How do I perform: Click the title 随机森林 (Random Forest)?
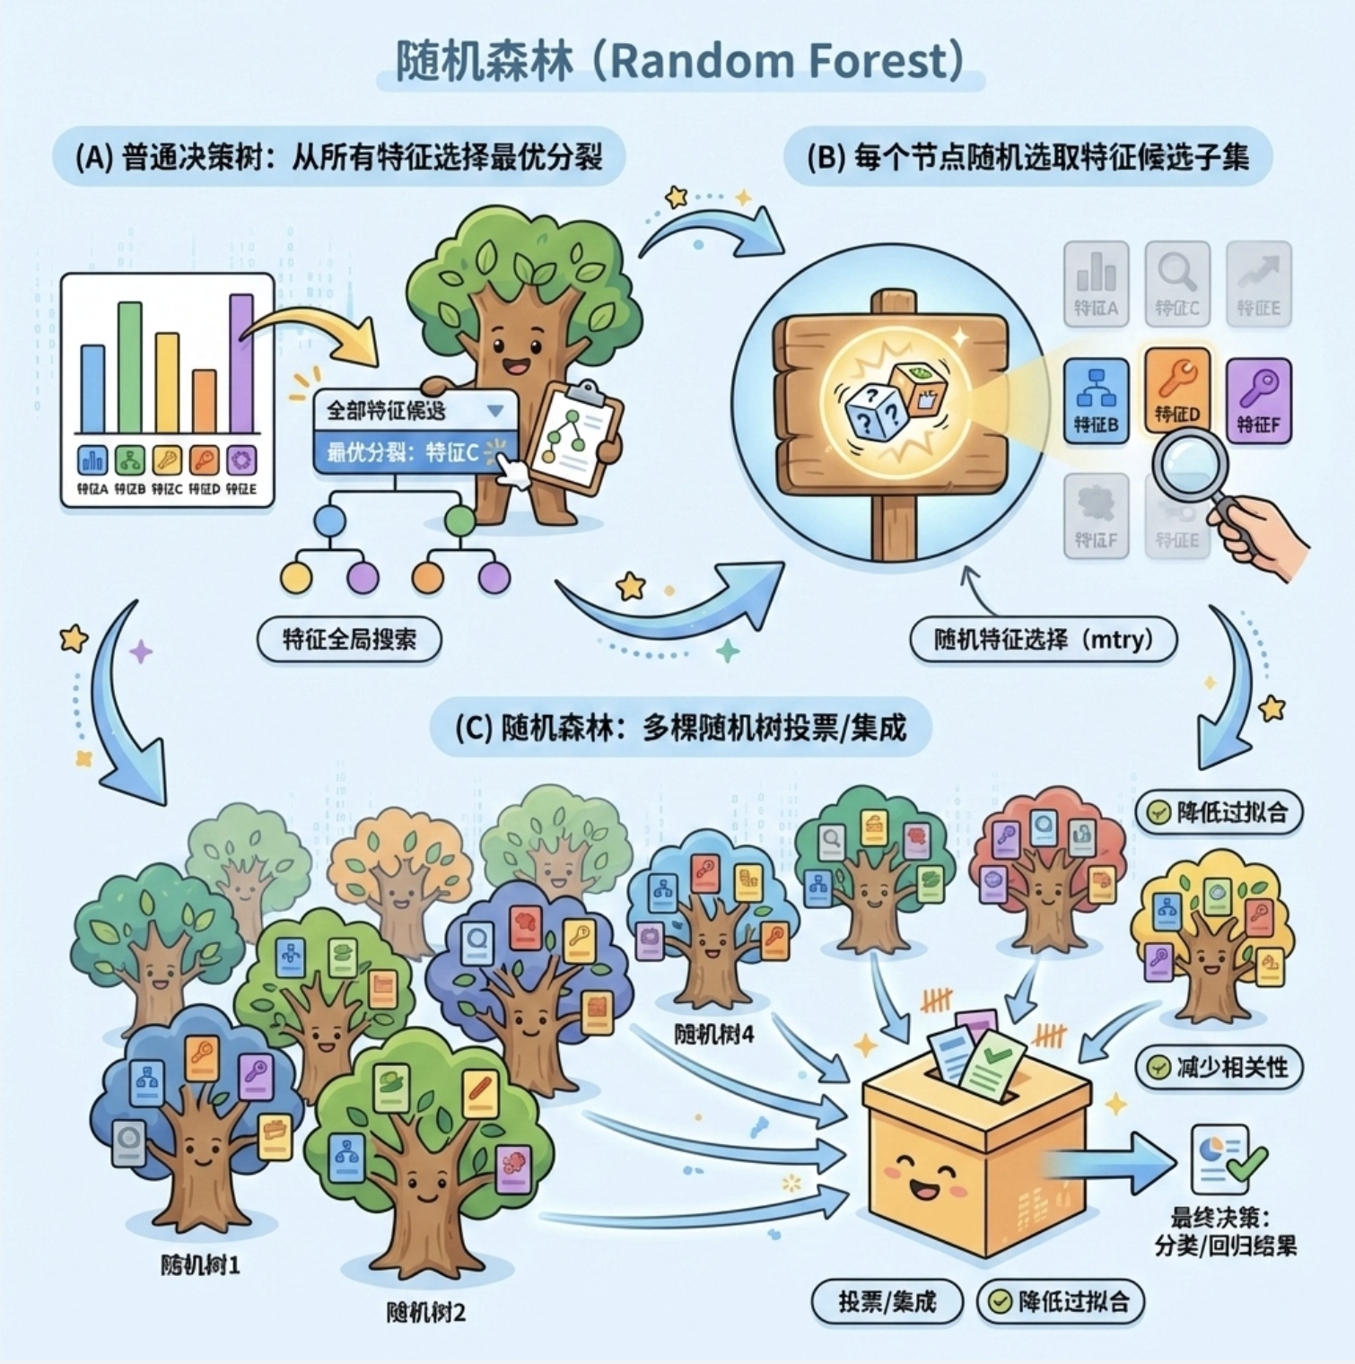click(x=679, y=61)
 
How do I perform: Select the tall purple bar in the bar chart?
click(x=241, y=363)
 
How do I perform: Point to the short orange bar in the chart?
click(x=205, y=401)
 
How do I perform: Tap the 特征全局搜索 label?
click(x=349, y=640)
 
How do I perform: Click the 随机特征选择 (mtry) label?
click(x=1043, y=640)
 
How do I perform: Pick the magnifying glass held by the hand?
click(x=1190, y=466)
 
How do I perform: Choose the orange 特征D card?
click(x=1176, y=390)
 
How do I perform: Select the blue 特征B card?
click(x=1096, y=400)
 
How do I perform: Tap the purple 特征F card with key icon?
click(x=1258, y=400)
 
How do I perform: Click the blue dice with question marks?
click(x=876, y=411)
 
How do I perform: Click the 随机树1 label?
click(x=200, y=1265)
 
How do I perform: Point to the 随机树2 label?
click(x=426, y=1313)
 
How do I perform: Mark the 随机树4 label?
click(x=714, y=1035)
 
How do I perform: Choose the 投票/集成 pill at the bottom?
click(x=887, y=1301)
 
